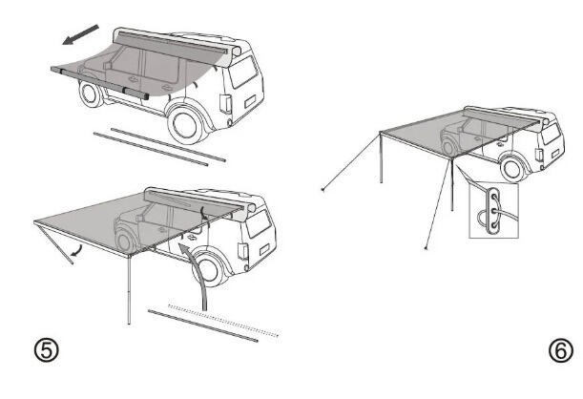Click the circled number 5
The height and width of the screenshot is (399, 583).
[x=47, y=350]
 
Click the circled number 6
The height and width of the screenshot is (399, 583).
[x=561, y=350]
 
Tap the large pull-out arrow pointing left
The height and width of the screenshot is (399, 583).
[x=80, y=34]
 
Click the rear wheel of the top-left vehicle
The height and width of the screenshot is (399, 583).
[x=186, y=125]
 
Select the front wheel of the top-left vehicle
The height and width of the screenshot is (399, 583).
[x=90, y=94]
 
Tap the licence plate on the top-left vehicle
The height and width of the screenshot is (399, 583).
[x=250, y=101]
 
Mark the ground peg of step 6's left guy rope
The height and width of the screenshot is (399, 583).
[x=323, y=190]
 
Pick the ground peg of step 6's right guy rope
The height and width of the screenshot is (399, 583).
[x=427, y=248]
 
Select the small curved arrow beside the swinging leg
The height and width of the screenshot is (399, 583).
[x=77, y=251]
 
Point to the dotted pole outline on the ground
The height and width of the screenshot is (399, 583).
[x=223, y=320]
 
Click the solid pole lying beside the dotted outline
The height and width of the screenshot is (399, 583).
[x=203, y=325]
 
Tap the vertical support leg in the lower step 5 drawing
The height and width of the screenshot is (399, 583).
[x=129, y=290]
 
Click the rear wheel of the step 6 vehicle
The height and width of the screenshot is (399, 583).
[x=512, y=168]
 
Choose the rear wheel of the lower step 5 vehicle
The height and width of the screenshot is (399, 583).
[x=208, y=269]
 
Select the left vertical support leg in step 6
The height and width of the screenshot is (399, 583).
[x=381, y=157]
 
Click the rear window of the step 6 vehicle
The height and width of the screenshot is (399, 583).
[x=551, y=134]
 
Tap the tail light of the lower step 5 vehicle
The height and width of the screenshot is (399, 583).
[x=242, y=251]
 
